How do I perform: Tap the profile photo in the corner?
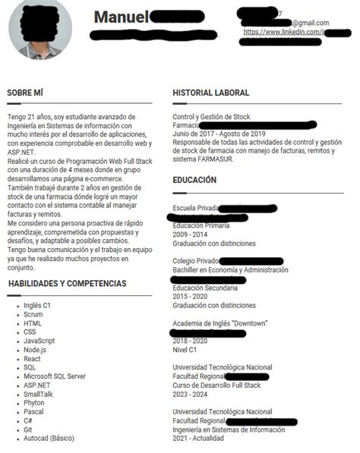tap(39, 30)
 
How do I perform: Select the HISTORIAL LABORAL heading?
tap(210, 93)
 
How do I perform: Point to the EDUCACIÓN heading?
tap(194, 180)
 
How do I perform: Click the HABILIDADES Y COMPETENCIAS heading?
tap(67, 283)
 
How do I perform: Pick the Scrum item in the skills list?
tap(33, 314)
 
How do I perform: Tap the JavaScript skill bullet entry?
tap(39, 341)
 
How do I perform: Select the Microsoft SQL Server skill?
tap(55, 376)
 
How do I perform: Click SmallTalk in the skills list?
tap(38, 394)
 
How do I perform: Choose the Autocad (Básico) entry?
tap(49, 439)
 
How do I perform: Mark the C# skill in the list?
tap(27, 420)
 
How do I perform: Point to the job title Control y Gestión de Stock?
tap(211, 117)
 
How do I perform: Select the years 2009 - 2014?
tap(190, 234)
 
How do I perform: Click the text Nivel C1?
tap(185, 350)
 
